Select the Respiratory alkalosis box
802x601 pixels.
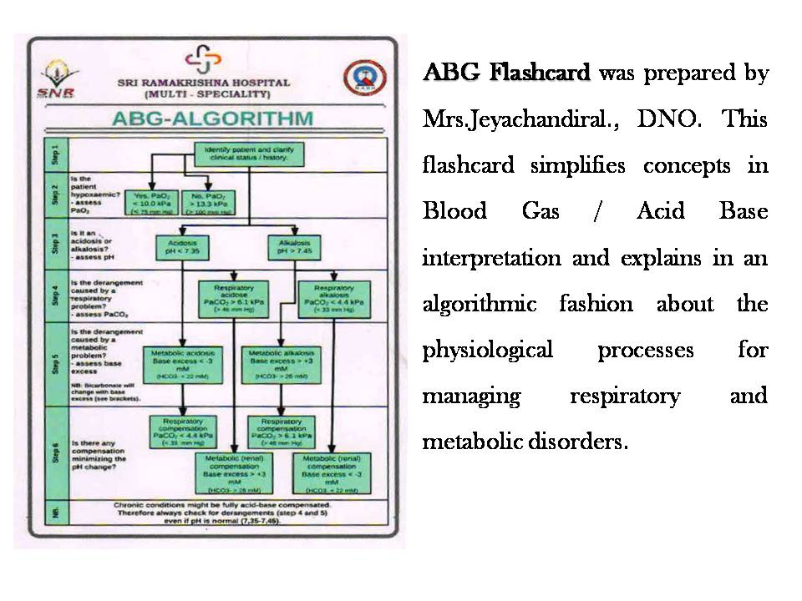tap(334, 298)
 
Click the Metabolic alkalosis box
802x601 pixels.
tap(282, 365)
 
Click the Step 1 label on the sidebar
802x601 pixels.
tap(51, 154)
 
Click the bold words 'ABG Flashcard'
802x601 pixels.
tap(507, 73)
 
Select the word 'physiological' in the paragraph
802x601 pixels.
tap(487, 350)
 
